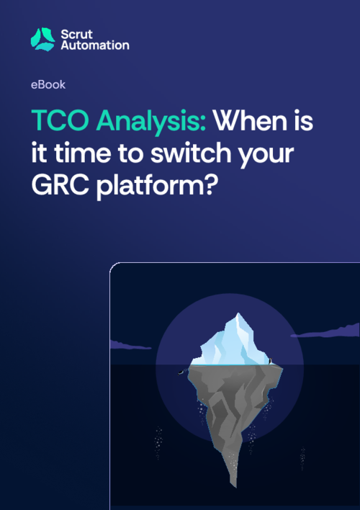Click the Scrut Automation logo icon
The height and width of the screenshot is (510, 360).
coord(42,38)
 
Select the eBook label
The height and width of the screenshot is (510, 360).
coord(48,84)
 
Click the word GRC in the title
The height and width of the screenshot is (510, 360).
coord(60,187)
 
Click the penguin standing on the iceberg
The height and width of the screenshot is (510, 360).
coord(269,361)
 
